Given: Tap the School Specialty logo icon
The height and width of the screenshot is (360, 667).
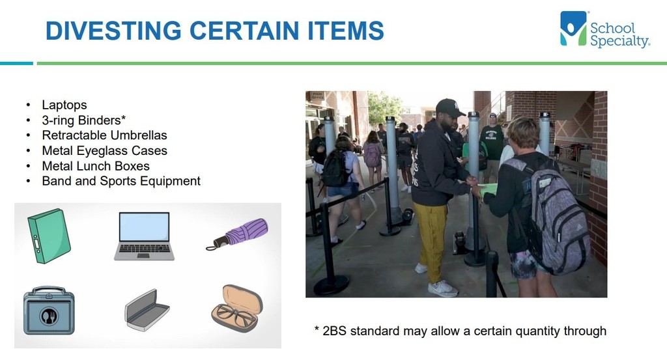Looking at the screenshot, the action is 573,29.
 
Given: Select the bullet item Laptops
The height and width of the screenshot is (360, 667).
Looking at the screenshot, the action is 64,105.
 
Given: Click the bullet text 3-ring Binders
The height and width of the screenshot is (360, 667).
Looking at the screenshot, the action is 84,120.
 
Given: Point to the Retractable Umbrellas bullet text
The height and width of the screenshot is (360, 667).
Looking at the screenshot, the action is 104,135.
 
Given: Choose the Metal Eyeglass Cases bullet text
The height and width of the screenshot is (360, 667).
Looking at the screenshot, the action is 104,150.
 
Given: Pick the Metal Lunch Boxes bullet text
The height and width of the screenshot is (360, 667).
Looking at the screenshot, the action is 96,166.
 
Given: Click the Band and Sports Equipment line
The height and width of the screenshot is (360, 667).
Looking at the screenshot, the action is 121,181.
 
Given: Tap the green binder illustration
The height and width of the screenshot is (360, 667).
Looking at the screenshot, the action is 49,236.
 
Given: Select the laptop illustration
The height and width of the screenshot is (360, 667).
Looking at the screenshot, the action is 144,236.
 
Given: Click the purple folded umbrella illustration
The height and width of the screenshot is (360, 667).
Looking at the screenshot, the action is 237,234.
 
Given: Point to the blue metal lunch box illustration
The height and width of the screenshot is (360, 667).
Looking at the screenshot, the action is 49,311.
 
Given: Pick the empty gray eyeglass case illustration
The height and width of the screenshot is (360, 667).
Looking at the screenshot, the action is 147,311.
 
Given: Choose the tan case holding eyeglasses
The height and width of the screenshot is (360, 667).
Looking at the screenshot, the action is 237,308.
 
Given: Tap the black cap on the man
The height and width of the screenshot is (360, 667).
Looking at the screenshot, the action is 449,108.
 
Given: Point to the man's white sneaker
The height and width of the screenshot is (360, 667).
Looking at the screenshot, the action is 442,288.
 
